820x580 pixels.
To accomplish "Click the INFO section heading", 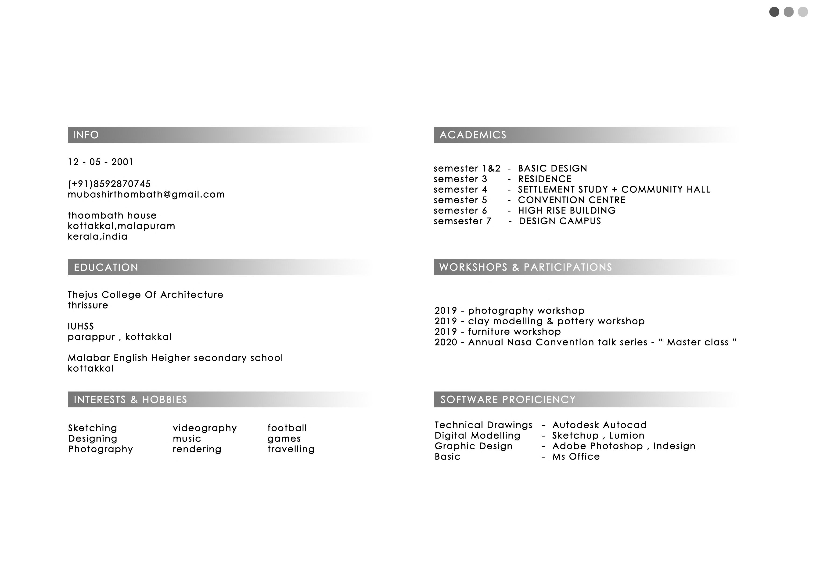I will (x=86, y=135).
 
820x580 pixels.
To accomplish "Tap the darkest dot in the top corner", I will (x=774, y=12).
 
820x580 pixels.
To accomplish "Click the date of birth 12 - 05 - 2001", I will (x=100, y=162).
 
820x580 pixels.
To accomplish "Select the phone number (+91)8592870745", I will (x=109, y=184).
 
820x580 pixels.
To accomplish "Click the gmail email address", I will (x=146, y=194).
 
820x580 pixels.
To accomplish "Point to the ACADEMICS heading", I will (x=473, y=135).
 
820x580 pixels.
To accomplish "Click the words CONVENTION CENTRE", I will (x=572, y=200).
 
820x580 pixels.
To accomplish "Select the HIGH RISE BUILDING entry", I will (x=567, y=210).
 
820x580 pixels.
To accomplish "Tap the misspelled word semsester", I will (x=459, y=221).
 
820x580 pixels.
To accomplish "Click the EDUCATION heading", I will (x=106, y=267).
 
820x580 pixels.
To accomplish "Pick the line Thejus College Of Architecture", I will (x=145, y=295).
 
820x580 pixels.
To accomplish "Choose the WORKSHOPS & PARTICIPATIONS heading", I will (x=525, y=267).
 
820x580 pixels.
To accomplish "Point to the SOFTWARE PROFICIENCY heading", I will (x=508, y=399).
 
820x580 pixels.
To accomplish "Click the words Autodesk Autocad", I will (x=599, y=425).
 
